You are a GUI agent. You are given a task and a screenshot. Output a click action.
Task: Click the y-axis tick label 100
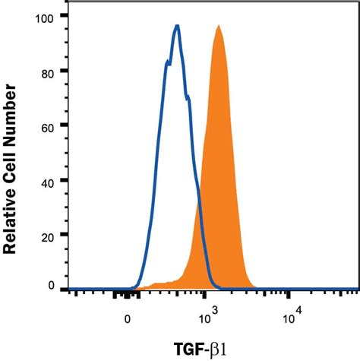point(48,16)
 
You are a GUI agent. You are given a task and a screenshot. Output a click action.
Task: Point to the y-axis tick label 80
point(51,71)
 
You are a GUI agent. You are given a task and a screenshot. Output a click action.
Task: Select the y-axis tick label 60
point(51,125)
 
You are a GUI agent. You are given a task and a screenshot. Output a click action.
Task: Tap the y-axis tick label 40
point(51,181)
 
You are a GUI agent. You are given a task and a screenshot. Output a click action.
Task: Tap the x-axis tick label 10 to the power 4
point(292,316)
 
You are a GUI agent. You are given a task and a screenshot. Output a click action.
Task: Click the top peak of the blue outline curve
point(177,26)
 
